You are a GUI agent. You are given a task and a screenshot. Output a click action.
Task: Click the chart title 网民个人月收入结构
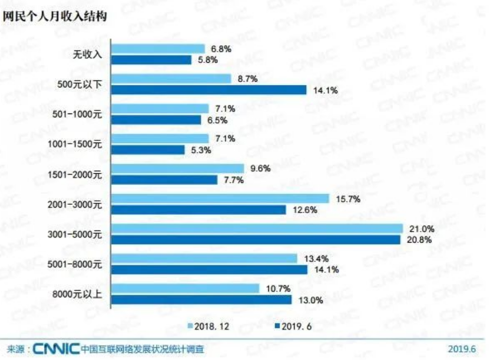(x=54, y=16)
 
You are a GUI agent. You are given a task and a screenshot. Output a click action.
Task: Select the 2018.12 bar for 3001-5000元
(x=257, y=229)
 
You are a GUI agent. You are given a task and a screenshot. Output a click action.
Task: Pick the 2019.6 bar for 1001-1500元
(x=148, y=150)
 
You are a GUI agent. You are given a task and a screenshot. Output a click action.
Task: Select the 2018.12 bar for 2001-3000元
(x=220, y=198)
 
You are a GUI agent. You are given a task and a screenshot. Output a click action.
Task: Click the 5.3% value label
(x=201, y=150)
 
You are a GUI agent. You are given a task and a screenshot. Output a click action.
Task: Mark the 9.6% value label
(x=261, y=168)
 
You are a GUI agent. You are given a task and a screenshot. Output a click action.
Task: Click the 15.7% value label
(x=346, y=198)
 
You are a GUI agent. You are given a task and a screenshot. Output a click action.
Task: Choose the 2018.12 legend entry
(x=208, y=326)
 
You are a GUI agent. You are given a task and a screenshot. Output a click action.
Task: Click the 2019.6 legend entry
(x=293, y=326)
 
